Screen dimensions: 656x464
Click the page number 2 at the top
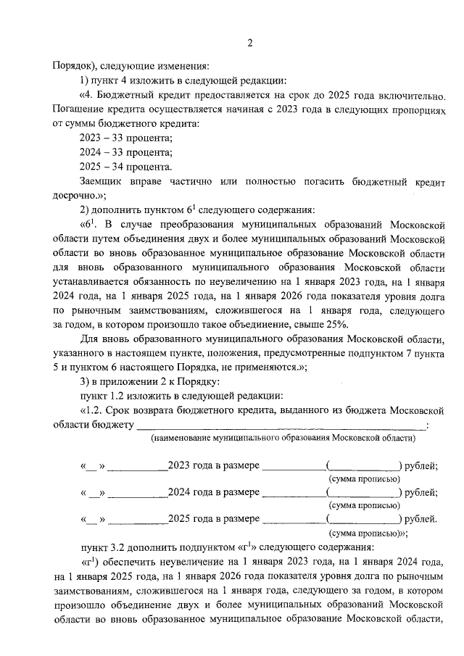(x=249, y=42)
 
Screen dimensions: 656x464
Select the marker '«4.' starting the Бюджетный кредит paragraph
(x=86, y=95)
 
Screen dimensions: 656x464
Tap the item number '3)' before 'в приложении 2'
(x=85, y=381)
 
